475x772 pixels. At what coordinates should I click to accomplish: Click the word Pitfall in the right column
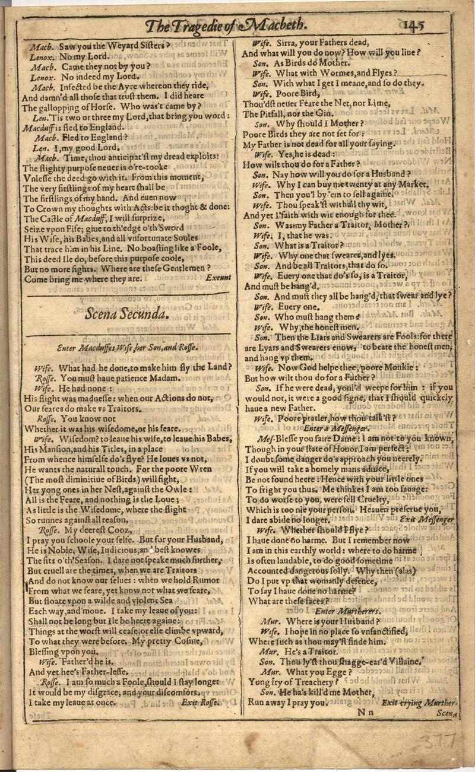[x=261, y=113]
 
